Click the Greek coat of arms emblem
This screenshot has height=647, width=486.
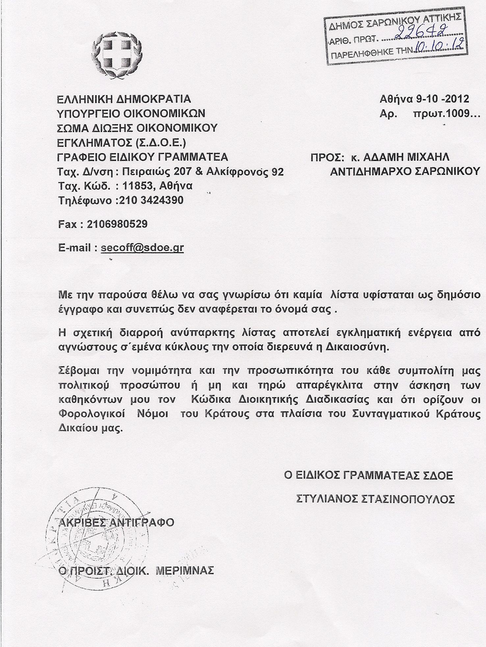pos(117,57)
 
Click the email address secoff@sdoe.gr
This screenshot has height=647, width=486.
pos(142,248)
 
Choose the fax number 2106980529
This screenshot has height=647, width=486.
pos(117,224)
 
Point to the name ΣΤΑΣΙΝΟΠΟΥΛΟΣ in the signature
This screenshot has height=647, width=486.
pos(408,499)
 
